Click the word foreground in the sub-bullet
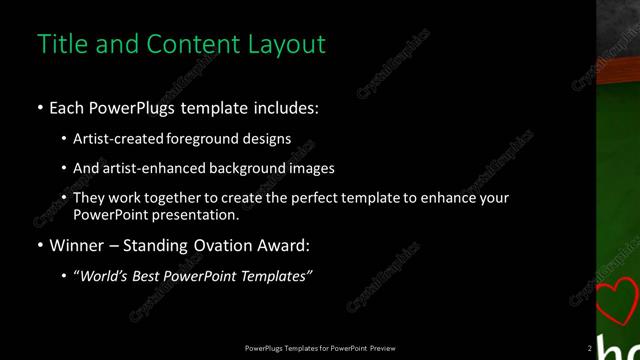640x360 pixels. tap(205, 139)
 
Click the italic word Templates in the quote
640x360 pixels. tap(278, 276)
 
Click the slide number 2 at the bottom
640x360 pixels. tap(589, 348)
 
